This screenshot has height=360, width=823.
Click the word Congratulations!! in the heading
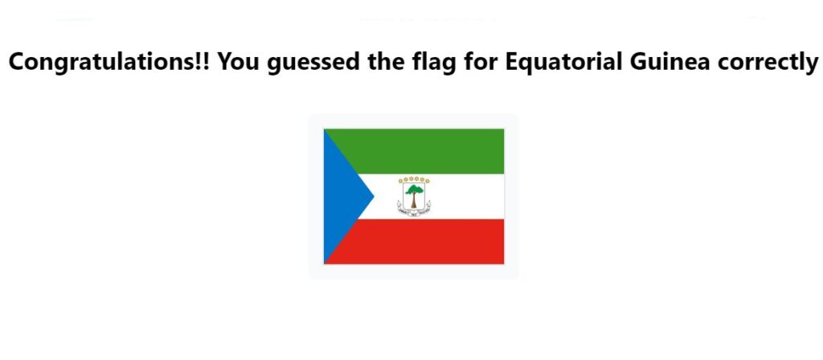[109, 62]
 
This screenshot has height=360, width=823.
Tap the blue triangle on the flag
[341, 196]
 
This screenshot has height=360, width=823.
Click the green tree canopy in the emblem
[414, 190]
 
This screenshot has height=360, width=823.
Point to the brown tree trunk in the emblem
[414, 201]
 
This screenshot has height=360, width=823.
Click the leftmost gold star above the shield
[400, 181]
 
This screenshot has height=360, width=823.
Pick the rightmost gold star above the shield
[428, 181]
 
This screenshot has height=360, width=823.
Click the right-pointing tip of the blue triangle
[374, 196]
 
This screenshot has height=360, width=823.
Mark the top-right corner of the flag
[504, 129]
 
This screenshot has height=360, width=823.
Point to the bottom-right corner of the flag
[504, 264]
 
